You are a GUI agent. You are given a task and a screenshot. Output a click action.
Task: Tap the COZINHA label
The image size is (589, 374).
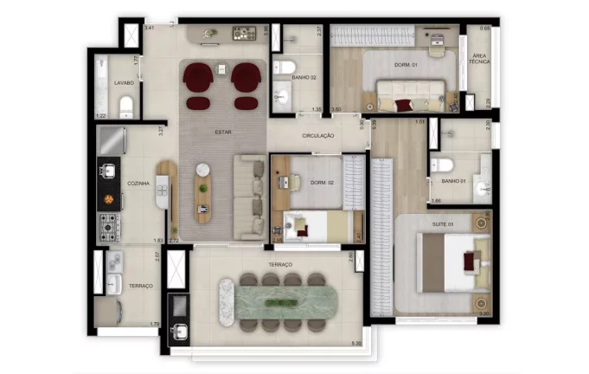(x=138, y=184)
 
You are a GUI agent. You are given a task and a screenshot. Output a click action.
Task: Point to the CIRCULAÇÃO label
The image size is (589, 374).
(x=318, y=137)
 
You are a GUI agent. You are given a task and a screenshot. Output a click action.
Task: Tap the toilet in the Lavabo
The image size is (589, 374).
(x=127, y=106)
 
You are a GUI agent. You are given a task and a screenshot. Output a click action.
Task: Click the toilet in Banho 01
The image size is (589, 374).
(x=441, y=164)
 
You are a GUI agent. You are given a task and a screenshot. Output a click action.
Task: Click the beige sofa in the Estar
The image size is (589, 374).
(x=249, y=197)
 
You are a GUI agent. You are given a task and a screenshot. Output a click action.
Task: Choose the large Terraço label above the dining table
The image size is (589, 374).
(x=279, y=264)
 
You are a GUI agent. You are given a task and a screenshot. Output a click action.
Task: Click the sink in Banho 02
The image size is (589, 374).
(x=282, y=96)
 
